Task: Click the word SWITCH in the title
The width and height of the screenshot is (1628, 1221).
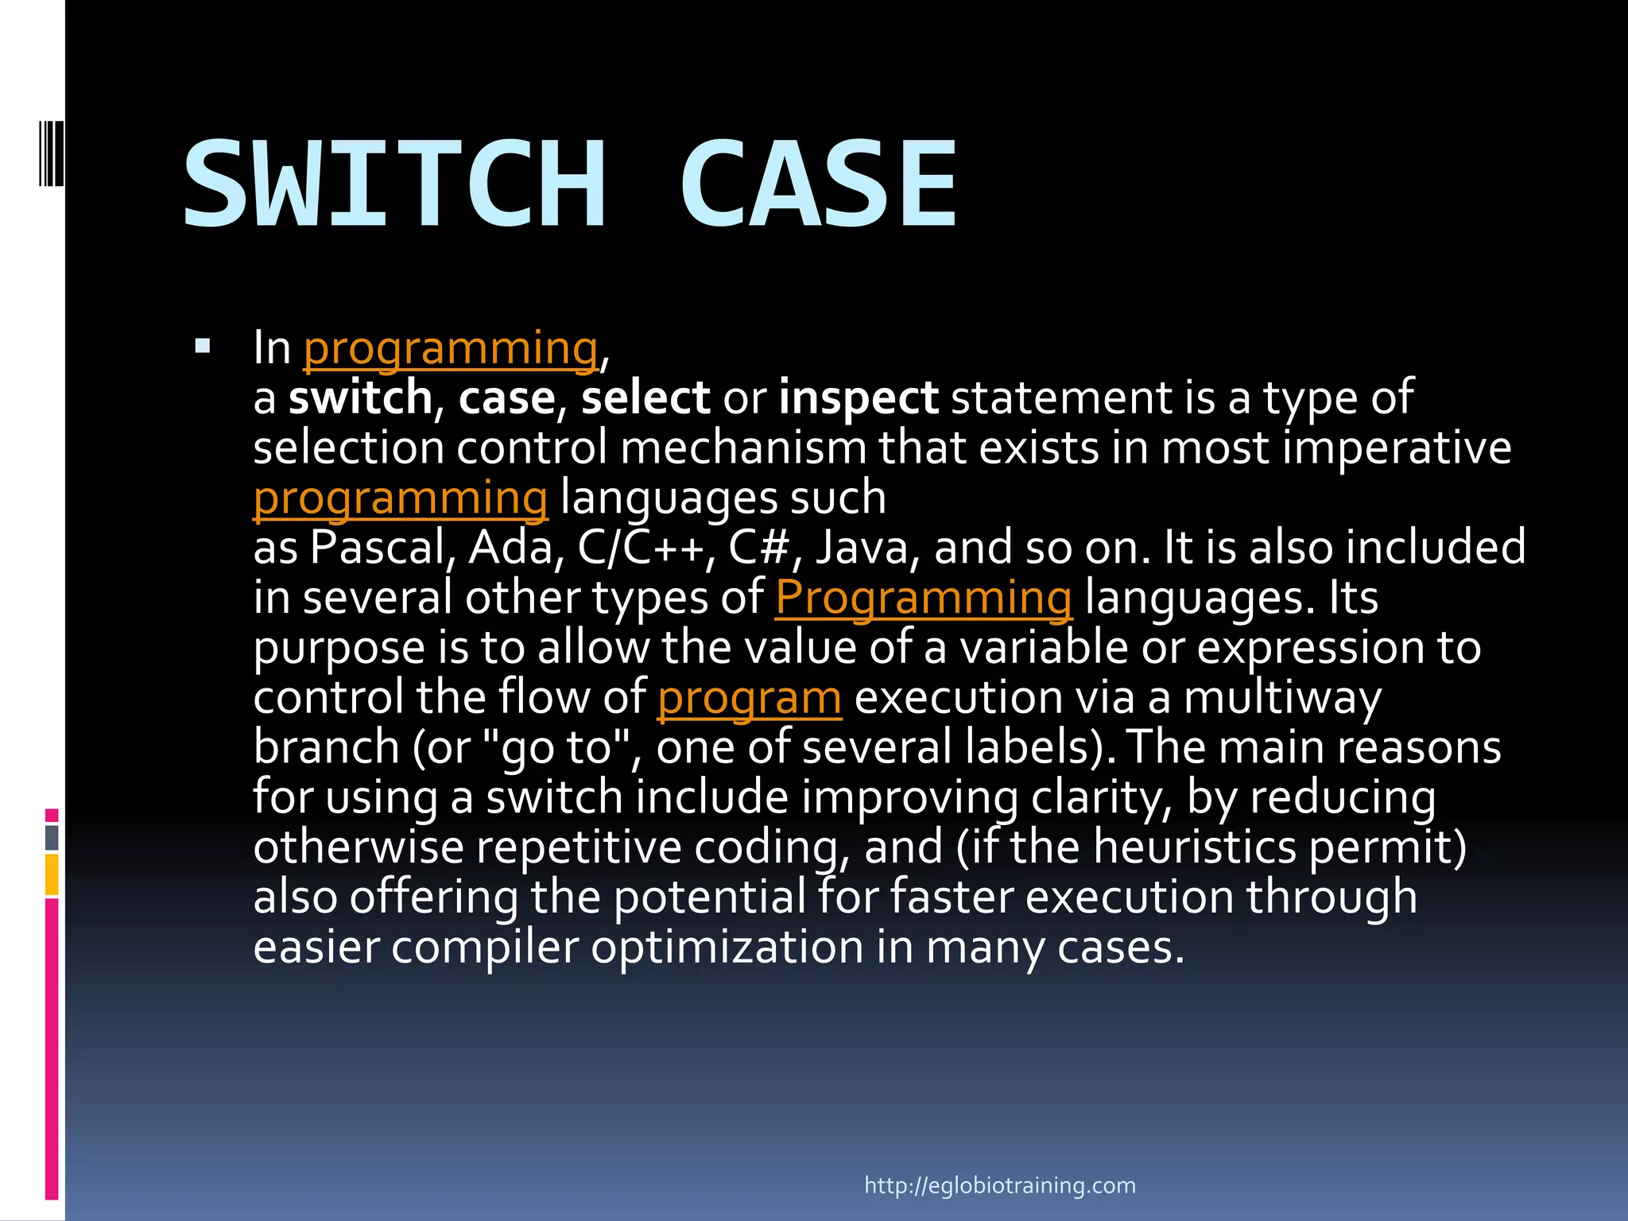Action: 395,184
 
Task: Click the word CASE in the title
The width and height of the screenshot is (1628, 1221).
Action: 819,184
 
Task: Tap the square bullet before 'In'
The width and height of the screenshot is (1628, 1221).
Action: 203,347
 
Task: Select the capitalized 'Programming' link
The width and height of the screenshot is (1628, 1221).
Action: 923,599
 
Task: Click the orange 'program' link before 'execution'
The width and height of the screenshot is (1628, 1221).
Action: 749,699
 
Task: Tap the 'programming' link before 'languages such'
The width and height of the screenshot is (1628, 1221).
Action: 400,499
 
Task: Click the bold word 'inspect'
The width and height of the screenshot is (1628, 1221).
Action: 858,398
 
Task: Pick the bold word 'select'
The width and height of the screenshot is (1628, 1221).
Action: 645,398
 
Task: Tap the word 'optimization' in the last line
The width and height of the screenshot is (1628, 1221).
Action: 727,948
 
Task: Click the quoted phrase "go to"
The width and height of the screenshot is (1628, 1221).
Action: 556,748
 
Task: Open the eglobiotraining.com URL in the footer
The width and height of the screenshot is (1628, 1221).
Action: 999,1186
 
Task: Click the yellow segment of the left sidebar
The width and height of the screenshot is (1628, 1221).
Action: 52,874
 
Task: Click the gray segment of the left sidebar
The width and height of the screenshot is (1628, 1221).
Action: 52,838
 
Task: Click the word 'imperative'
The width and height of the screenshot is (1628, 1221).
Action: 1396,448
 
